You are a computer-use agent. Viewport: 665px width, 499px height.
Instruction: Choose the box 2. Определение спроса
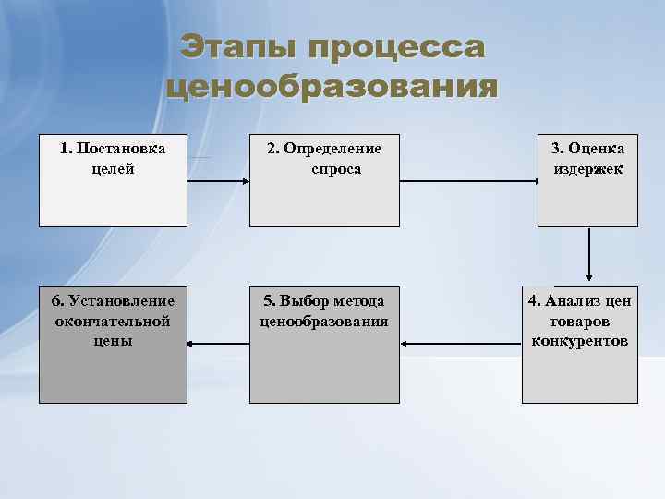coord(324,199)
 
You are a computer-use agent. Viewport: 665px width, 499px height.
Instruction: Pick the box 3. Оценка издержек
coord(587,199)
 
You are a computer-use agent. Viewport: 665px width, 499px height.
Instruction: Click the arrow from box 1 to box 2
coord(218,181)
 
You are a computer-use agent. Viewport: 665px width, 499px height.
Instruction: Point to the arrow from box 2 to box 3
coord(469,181)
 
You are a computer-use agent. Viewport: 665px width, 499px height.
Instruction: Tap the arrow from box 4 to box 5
coord(462,346)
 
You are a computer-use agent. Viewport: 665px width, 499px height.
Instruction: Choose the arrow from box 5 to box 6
coord(218,346)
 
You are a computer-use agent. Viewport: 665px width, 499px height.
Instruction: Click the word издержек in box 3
coord(588,169)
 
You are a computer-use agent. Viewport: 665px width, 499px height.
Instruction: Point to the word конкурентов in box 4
coord(580,341)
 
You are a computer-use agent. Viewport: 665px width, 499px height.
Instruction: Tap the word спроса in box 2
coord(336,169)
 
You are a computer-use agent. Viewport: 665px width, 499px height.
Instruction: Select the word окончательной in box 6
coord(113,321)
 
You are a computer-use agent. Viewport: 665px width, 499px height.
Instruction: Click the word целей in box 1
coord(113,169)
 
